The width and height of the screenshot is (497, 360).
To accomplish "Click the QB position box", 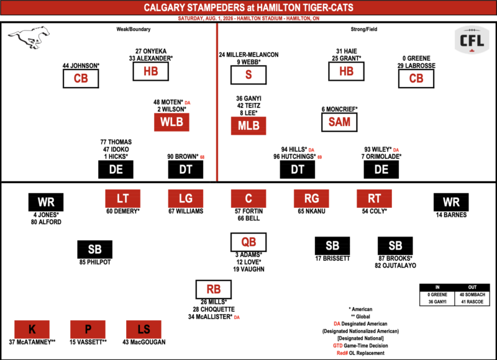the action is [x=248, y=242].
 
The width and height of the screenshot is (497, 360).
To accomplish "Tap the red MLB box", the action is [x=248, y=126].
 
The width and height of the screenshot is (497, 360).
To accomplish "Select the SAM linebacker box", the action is [x=339, y=122].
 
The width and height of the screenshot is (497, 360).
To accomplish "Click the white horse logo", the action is [x=29, y=37].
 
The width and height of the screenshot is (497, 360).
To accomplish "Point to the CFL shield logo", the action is [x=472, y=40].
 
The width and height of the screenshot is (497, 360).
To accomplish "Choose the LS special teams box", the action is [x=144, y=330].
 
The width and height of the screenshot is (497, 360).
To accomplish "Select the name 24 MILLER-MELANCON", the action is [x=249, y=55].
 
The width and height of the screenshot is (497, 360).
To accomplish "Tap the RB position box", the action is [x=213, y=289].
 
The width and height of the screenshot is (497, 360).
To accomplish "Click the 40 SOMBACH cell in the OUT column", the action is [x=472, y=295].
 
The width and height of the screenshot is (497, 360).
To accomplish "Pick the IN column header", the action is [x=437, y=287].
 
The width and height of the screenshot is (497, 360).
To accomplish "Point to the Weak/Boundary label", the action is [x=134, y=29].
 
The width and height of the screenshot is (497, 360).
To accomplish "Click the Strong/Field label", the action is [x=364, y=29].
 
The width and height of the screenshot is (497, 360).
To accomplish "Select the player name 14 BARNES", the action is [x=451, y=215].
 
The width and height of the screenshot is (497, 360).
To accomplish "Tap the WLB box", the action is [x=171, y=122].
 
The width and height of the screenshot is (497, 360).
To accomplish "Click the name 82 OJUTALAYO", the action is [x=395, y=266].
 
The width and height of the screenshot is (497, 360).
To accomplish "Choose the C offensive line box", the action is [x=248, y=199].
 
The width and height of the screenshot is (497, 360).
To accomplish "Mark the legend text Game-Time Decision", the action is [x=366, y=346].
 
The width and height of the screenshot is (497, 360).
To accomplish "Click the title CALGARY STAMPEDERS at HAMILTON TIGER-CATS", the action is [x=248, y=7].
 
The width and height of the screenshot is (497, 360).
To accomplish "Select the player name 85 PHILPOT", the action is [x=95, y=262].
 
